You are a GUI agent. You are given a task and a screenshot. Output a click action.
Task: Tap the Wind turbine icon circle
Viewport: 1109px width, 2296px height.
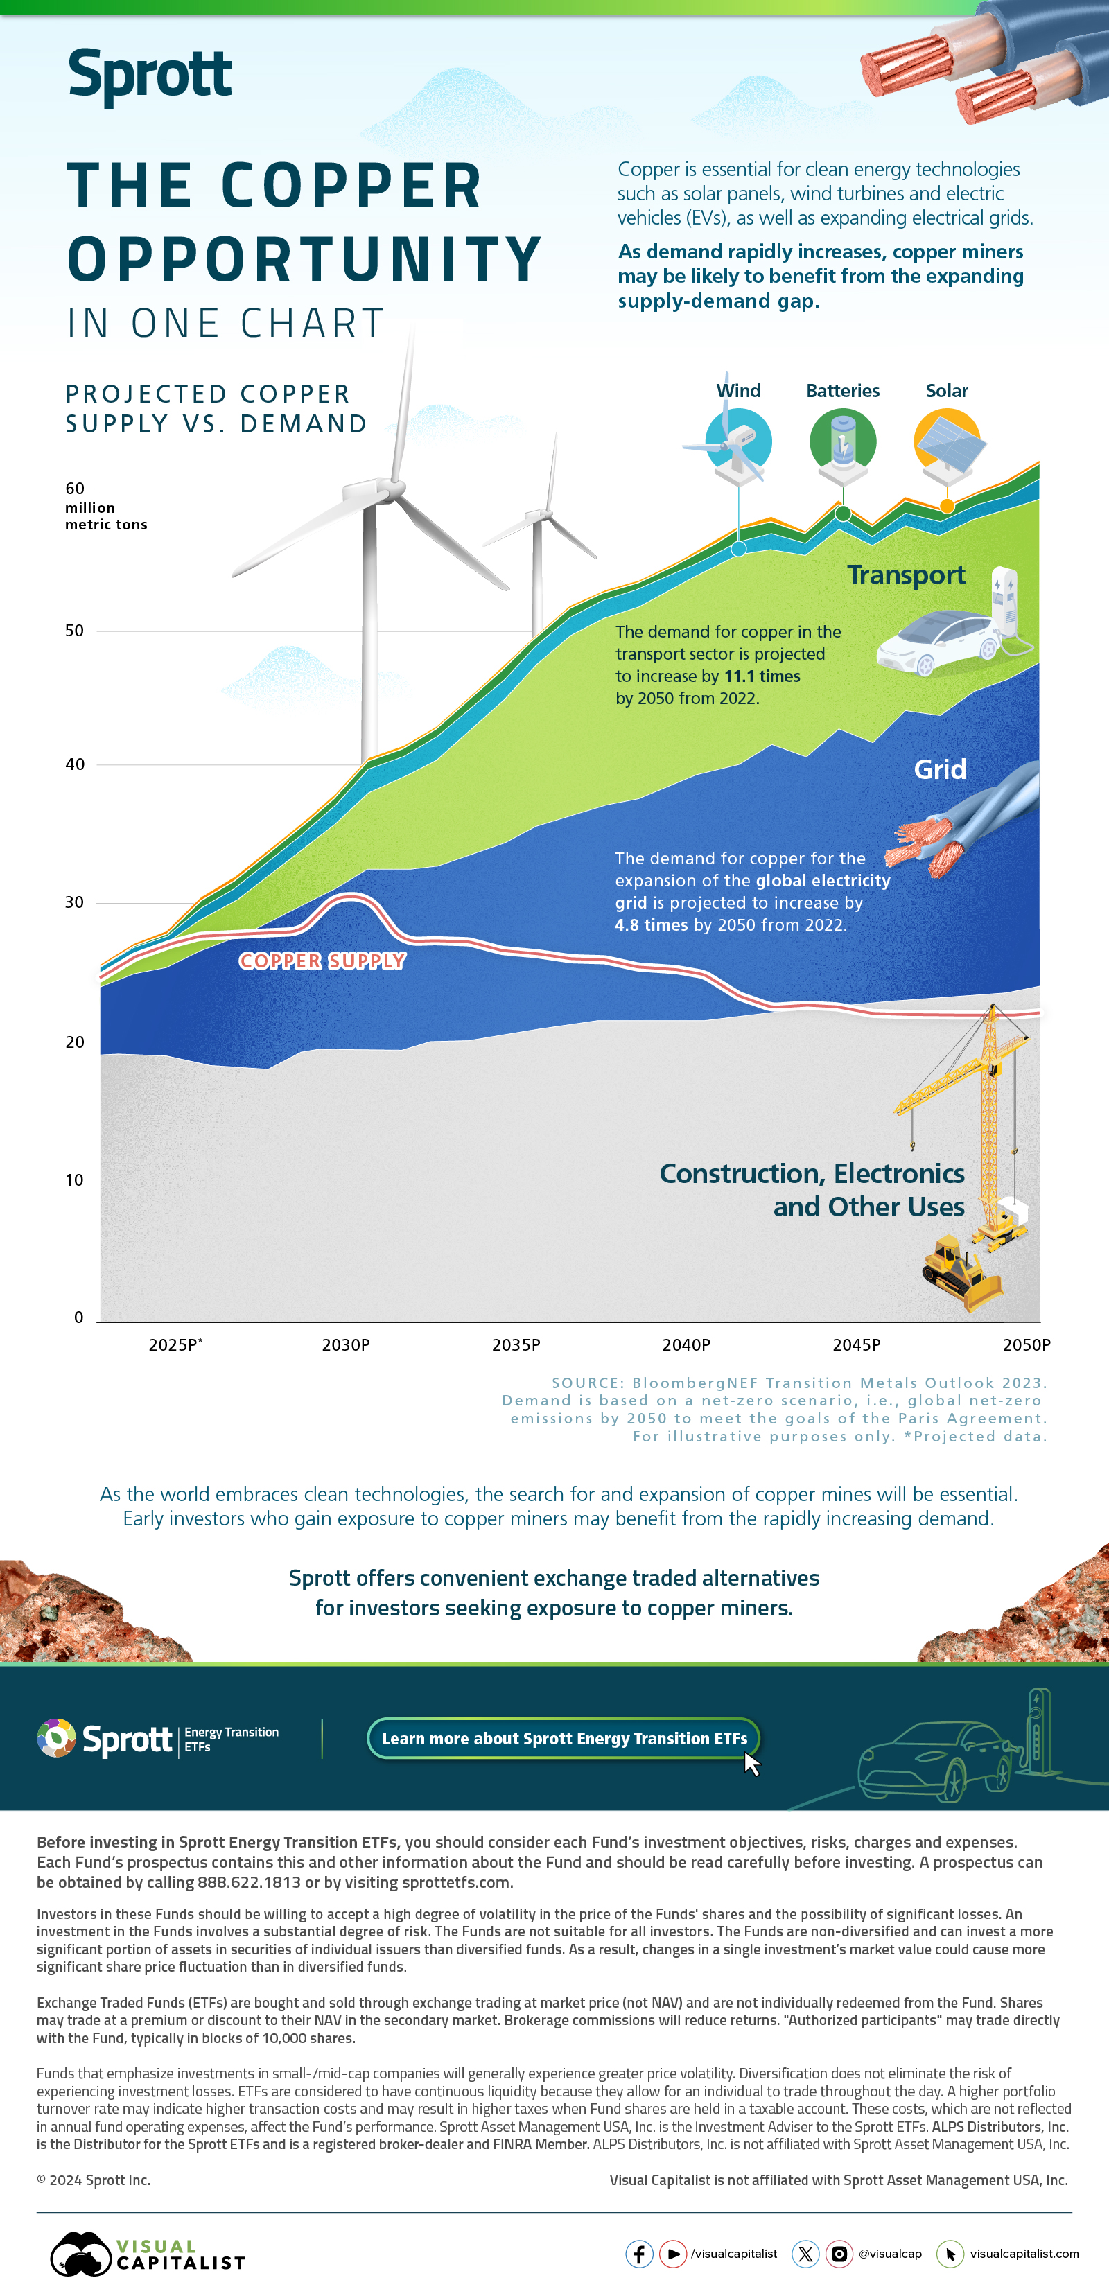click(738, 441)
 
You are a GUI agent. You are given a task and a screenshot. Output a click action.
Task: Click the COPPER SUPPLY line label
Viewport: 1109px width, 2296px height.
click(322, 961)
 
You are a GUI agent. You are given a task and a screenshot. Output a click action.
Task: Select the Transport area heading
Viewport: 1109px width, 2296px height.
click(906, 576)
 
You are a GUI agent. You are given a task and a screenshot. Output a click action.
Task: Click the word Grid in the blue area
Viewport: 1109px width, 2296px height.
click(940, 769)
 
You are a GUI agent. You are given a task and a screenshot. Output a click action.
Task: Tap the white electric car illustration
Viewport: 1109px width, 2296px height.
click(936, 642)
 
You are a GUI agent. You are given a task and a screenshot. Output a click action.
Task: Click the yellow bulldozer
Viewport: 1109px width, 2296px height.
click(961, 1273)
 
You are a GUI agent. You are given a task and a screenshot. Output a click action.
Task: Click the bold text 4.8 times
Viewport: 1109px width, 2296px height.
click(651, 925)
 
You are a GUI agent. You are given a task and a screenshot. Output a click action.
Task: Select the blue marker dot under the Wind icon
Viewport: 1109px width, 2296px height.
click(738, 549)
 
